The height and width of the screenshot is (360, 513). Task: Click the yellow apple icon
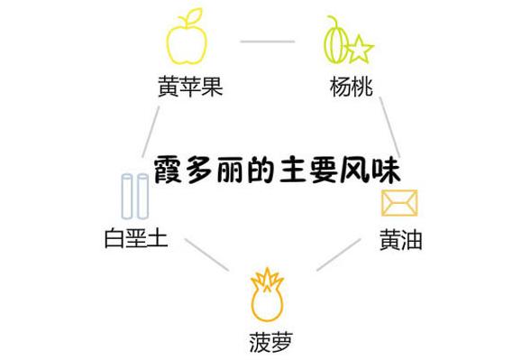pos(187,41)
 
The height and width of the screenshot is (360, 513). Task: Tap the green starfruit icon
pos(344,42)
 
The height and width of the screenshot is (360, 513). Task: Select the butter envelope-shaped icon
pos(398,204)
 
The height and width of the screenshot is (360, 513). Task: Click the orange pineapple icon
pos(267,295)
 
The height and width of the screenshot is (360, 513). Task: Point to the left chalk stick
pos(127,197)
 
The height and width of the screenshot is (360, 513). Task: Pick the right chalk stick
pos(142,197)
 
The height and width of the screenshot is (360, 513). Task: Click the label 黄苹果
pos(189,88)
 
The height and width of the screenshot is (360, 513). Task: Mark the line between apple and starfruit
pos(267,42)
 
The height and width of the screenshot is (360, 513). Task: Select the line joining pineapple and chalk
pos(205,255)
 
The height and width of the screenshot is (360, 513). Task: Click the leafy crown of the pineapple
pos(267,276)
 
